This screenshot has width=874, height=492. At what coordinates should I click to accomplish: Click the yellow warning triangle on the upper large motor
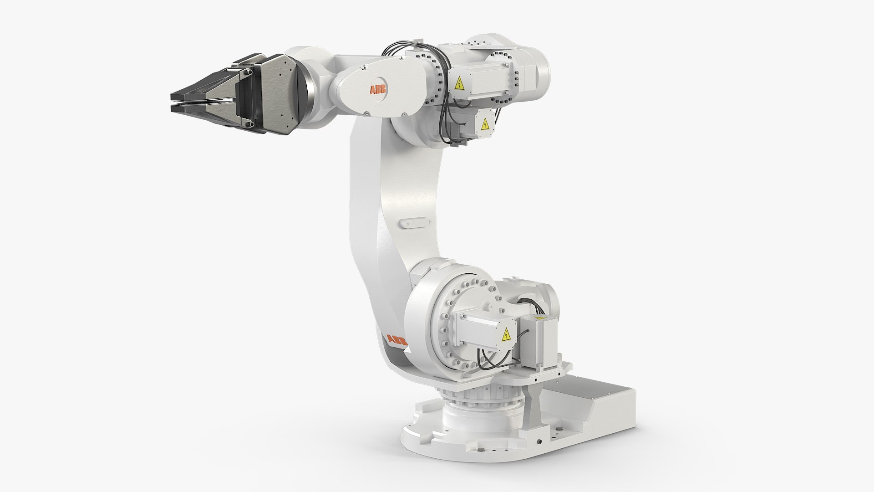click(459, 83)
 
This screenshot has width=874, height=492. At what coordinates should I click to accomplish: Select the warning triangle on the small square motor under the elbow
click(485, 124)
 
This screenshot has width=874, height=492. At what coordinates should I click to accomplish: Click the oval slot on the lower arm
click(413, 223)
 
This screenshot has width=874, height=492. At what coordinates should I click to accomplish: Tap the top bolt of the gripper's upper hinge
click(248, 72)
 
